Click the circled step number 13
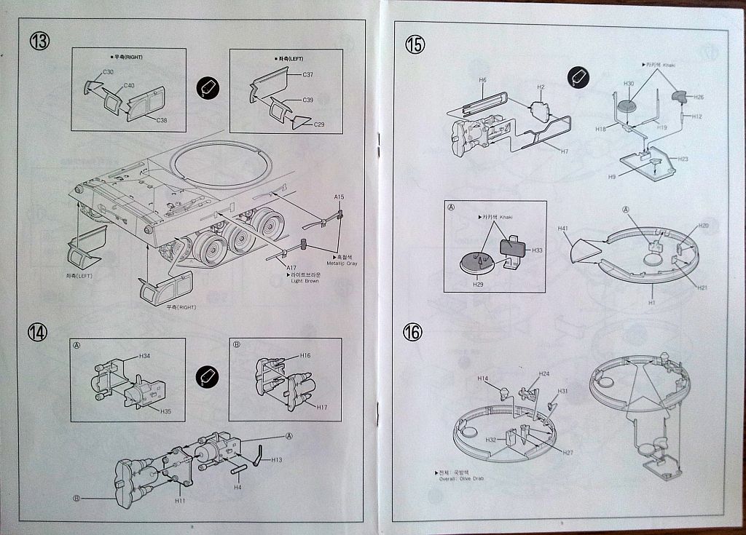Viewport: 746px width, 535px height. (x=39, y=41)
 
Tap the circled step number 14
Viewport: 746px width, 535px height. (x=37, y=332)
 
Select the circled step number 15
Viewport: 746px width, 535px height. (x=414, y=44)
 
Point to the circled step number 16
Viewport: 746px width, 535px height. (x=412, y=333)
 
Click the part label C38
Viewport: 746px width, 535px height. (x=161, y=120)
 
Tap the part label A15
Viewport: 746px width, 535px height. (x=339, y=197)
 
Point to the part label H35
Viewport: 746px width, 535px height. (x=165, y=411)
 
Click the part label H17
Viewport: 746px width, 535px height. (x=322, y=407)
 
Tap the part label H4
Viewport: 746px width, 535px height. (x=237, y=487)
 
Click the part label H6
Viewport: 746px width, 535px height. (x=482, y=79)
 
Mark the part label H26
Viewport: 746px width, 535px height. (x=699, y=97)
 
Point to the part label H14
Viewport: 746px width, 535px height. (x=483, y=379)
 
